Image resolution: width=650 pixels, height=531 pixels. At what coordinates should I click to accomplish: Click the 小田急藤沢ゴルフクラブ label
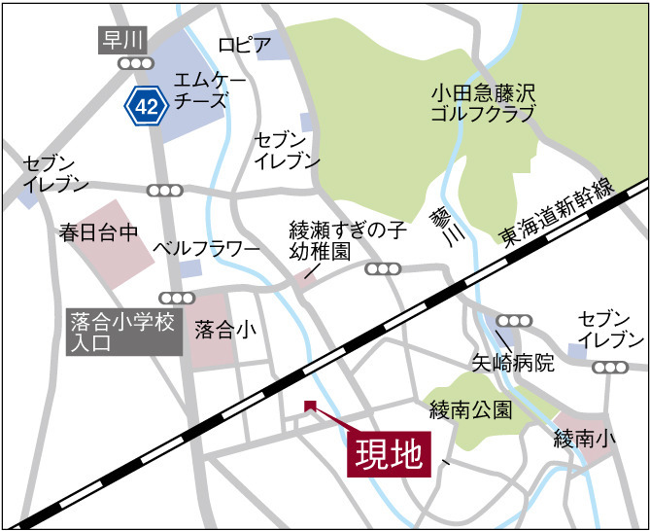click(483, 103)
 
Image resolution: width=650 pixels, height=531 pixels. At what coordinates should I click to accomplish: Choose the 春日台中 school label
click(100, 233)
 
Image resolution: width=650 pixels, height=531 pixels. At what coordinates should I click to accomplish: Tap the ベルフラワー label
click(207, 249)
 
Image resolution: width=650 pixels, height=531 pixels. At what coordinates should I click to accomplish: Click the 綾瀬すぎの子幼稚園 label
click(346, 240)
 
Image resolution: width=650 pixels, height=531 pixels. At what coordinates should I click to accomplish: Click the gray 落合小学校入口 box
click(123, 332)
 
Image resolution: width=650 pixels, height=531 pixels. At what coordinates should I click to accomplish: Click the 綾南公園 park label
click(470, 409)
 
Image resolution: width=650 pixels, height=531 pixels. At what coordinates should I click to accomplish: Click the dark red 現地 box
click(388, 453)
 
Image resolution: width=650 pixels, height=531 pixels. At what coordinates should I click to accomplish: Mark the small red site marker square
click(310, 406)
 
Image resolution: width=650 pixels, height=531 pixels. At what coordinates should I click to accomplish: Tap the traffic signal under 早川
click(135, 63)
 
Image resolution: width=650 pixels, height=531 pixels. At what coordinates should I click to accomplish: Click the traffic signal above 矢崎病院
click(513, 320)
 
